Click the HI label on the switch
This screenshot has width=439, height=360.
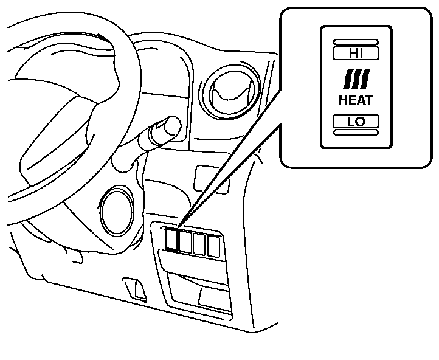pos(356,53)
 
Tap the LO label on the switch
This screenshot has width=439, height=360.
pos(356,121)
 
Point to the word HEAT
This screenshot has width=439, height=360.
pos(356,99)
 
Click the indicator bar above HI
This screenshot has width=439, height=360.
pos(356,41)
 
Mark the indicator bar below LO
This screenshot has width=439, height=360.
pos(356,132)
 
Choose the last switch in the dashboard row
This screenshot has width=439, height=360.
pos(213,245)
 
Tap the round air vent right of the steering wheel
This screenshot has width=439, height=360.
pos(229,91)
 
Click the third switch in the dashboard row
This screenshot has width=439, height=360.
pos(199,244)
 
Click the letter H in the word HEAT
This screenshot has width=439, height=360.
pos(344,99)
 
